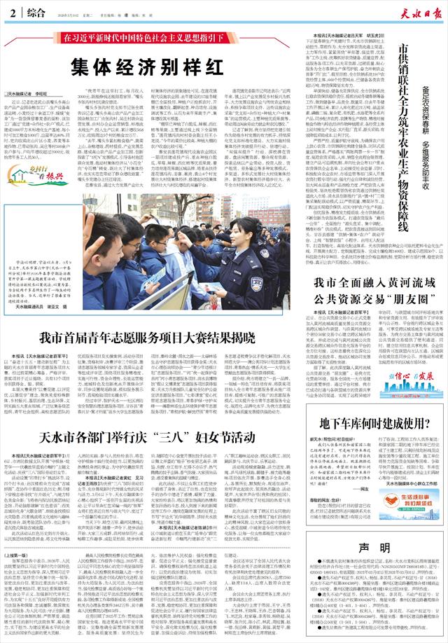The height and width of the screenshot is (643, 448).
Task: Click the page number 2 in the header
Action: pos(13,10)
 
